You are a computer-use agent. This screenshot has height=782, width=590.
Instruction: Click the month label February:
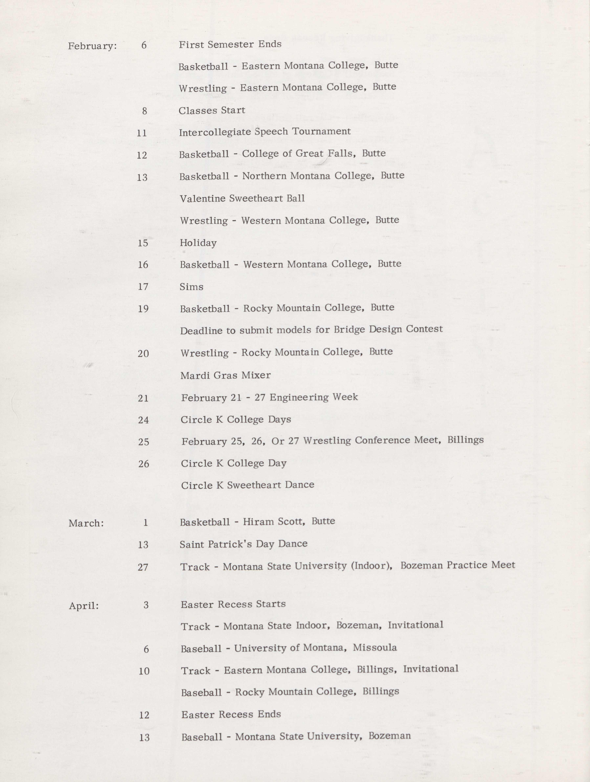click(x=92, y=46)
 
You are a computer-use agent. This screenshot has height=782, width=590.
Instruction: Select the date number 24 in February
click(x=143, y=420)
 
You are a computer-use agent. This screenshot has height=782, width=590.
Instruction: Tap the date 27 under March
click(x=143, y=567)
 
